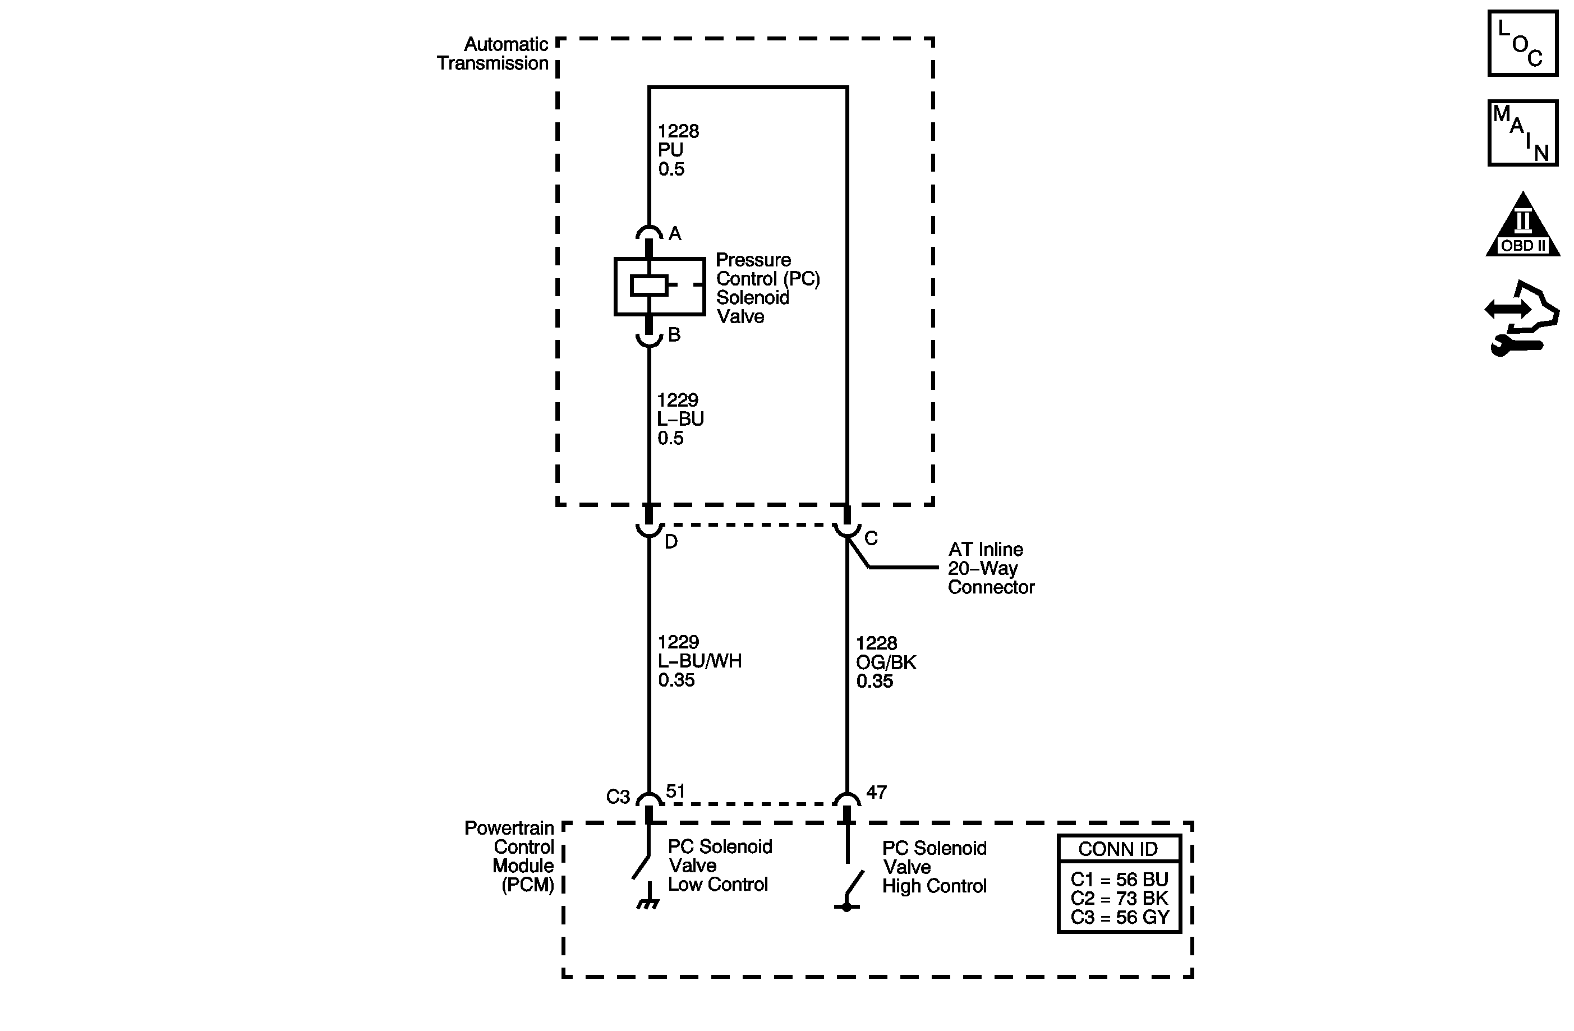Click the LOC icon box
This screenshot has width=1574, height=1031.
pyautogui.click(x=1522, y=43)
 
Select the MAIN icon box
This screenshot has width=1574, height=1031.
pyautogui.click(x=1522, y=133)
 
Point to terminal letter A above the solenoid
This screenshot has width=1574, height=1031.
pyautogui.click(x=675, y=233)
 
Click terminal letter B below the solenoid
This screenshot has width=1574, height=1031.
pyautogui.click(x=674, y=335)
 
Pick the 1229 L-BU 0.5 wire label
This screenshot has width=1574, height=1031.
pyautogui.click(x=679, y=418)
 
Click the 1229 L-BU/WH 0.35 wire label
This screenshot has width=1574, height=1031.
pyautogui.click(x=699, y=661)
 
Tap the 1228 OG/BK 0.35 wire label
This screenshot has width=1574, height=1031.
pyautogui.click(x=886, y=662)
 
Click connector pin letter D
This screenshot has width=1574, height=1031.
pyautogui.click(x=670, y=542)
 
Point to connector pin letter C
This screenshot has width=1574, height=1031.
pyautogui.click(x=871, y=538)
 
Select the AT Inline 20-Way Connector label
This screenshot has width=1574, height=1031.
pyautogui.click(x=990, y=568)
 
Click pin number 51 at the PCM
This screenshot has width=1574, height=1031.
pyautogui.click(x=675, y=791)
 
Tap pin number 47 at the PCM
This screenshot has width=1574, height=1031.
pyautogui.click(x=876, y=791)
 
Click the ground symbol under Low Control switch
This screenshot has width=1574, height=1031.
pyautogui.click(x=648, y=903)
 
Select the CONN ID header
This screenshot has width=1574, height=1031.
pyautogui.click(x=1119, y=849)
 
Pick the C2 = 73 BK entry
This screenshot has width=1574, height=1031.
pyautogui.click(x=1119, y=898)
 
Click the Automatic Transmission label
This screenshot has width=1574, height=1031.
pyautogui.click(x=493, y=53)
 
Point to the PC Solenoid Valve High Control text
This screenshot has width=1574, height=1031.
pyautogui.click(x=934, y=867)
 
